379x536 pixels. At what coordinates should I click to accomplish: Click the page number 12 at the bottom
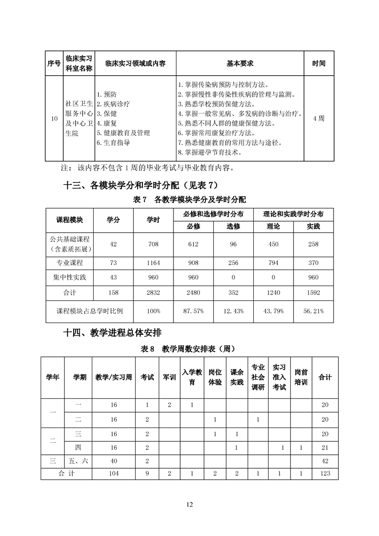tap(190, 504)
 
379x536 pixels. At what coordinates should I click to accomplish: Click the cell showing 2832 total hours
tap(153, 292)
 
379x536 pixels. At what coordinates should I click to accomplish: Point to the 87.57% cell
tap(194, 311)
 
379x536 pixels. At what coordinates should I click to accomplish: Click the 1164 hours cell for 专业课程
tap(153, 263)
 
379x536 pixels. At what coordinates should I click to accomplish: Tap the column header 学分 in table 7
tap(113, 220)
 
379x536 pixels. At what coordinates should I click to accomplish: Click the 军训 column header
tap(169, 377)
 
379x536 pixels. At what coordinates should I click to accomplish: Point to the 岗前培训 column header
tap(301, 377)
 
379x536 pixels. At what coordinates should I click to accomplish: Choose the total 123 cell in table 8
tap(325, 473)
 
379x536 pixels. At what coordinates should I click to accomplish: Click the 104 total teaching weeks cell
tap(113, 473)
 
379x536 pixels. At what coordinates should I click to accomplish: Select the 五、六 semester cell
tap(79, 461)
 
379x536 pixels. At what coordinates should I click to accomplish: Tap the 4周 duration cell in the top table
tap(319, 118)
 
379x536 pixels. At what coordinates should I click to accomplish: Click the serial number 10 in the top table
tap(54, 118)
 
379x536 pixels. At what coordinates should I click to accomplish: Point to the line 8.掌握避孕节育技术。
tap(209, 153)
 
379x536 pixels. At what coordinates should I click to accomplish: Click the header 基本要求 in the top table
tap(240, 64)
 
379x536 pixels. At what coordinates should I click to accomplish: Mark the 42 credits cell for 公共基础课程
tap(113, 244)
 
